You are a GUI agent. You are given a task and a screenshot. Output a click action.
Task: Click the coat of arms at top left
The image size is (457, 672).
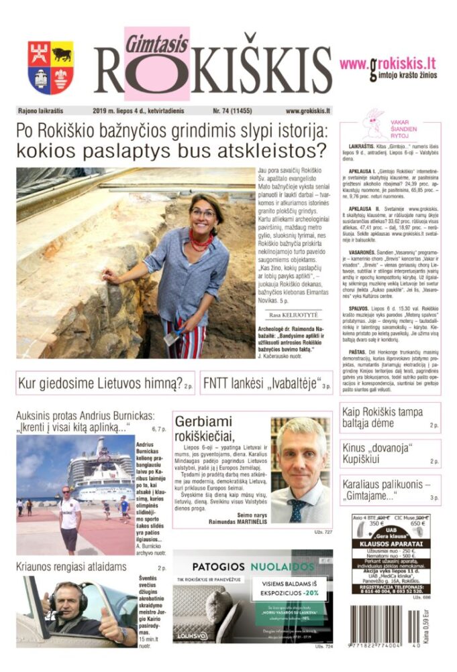(51, 68)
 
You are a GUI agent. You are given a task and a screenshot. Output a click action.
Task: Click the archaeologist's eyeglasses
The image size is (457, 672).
(203, 214)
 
